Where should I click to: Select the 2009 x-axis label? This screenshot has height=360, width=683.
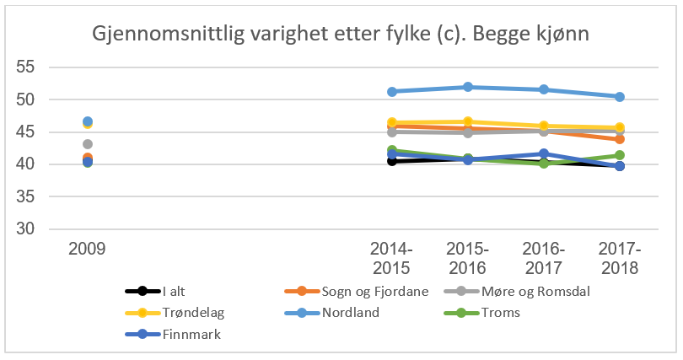[88, 250]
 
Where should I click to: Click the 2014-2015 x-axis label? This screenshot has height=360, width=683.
[391, 258]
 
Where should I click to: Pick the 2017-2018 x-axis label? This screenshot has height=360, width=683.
[620, 258]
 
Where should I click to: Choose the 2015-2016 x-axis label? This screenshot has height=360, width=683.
[467, 258]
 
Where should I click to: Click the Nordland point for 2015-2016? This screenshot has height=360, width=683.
[467, 87]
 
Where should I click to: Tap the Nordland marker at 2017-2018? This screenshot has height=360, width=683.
[620, 97]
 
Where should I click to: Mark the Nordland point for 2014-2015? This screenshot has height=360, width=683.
[391, 91]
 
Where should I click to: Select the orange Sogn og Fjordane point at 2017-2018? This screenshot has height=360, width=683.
[620, 139]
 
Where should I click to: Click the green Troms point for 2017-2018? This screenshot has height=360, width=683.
[620, 155]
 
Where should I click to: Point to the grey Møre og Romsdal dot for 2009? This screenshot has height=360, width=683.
[88, 144]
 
